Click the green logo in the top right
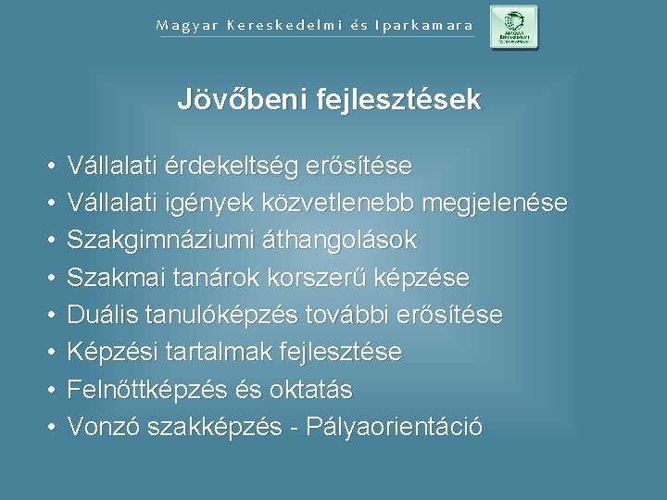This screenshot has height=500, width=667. [x=513, y=27]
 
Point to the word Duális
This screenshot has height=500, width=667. [x=100, y=316]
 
